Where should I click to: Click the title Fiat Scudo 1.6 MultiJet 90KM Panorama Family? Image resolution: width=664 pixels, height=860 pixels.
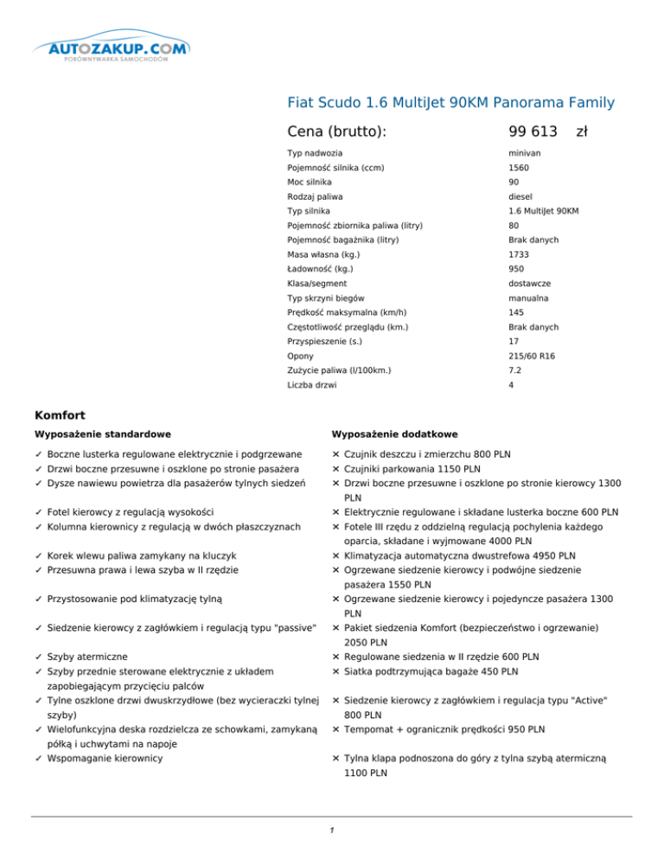point(450,104)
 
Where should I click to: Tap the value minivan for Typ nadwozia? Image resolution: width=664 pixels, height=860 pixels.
point(524,153)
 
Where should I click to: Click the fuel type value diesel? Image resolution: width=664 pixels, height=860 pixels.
point(520,196)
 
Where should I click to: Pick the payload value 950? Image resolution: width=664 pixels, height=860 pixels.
point(516,269)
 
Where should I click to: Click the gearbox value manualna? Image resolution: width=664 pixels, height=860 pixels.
point(527,298)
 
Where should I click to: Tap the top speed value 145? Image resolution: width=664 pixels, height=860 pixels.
point(516,313)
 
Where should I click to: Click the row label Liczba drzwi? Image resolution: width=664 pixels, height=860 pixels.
point(312,386)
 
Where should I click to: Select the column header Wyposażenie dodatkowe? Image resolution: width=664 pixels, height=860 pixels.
point(394,433)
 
